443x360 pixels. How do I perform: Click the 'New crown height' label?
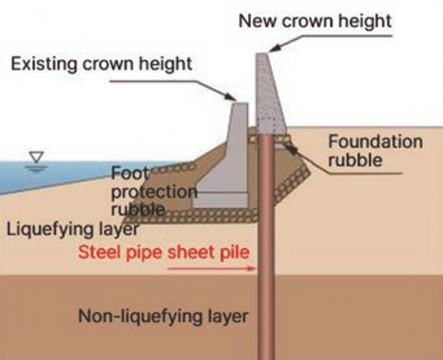(x=315, y=21)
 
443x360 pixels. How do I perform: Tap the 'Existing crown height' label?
(x=101, y=64)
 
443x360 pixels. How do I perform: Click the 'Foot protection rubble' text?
(x=154, y=191)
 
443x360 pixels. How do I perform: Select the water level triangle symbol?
(x=37, y=157)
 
